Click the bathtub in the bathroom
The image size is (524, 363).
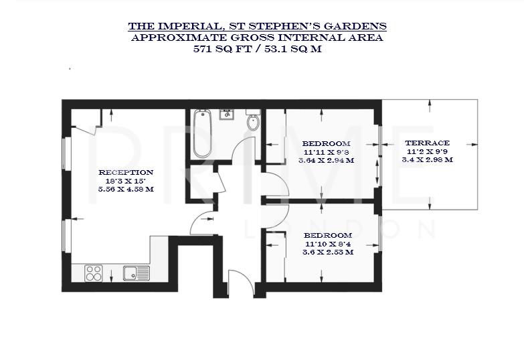click(x=201, y=133)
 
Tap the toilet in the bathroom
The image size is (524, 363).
click(x=252, y=122)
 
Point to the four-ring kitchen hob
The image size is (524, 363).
click(x=94, y=273)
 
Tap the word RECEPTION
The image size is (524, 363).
click(x=126, y=172)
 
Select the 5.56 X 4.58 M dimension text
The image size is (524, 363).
click(x=126, y=190)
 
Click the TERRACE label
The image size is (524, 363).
click(x=427, y=143)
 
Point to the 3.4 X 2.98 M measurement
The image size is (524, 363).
click(x=427, y=160)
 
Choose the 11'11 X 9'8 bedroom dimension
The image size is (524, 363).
click(x=326, y=153)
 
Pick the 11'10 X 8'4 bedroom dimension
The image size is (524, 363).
click(x=327, y=244)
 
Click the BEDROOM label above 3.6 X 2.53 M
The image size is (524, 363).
click(x=327, y=236)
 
